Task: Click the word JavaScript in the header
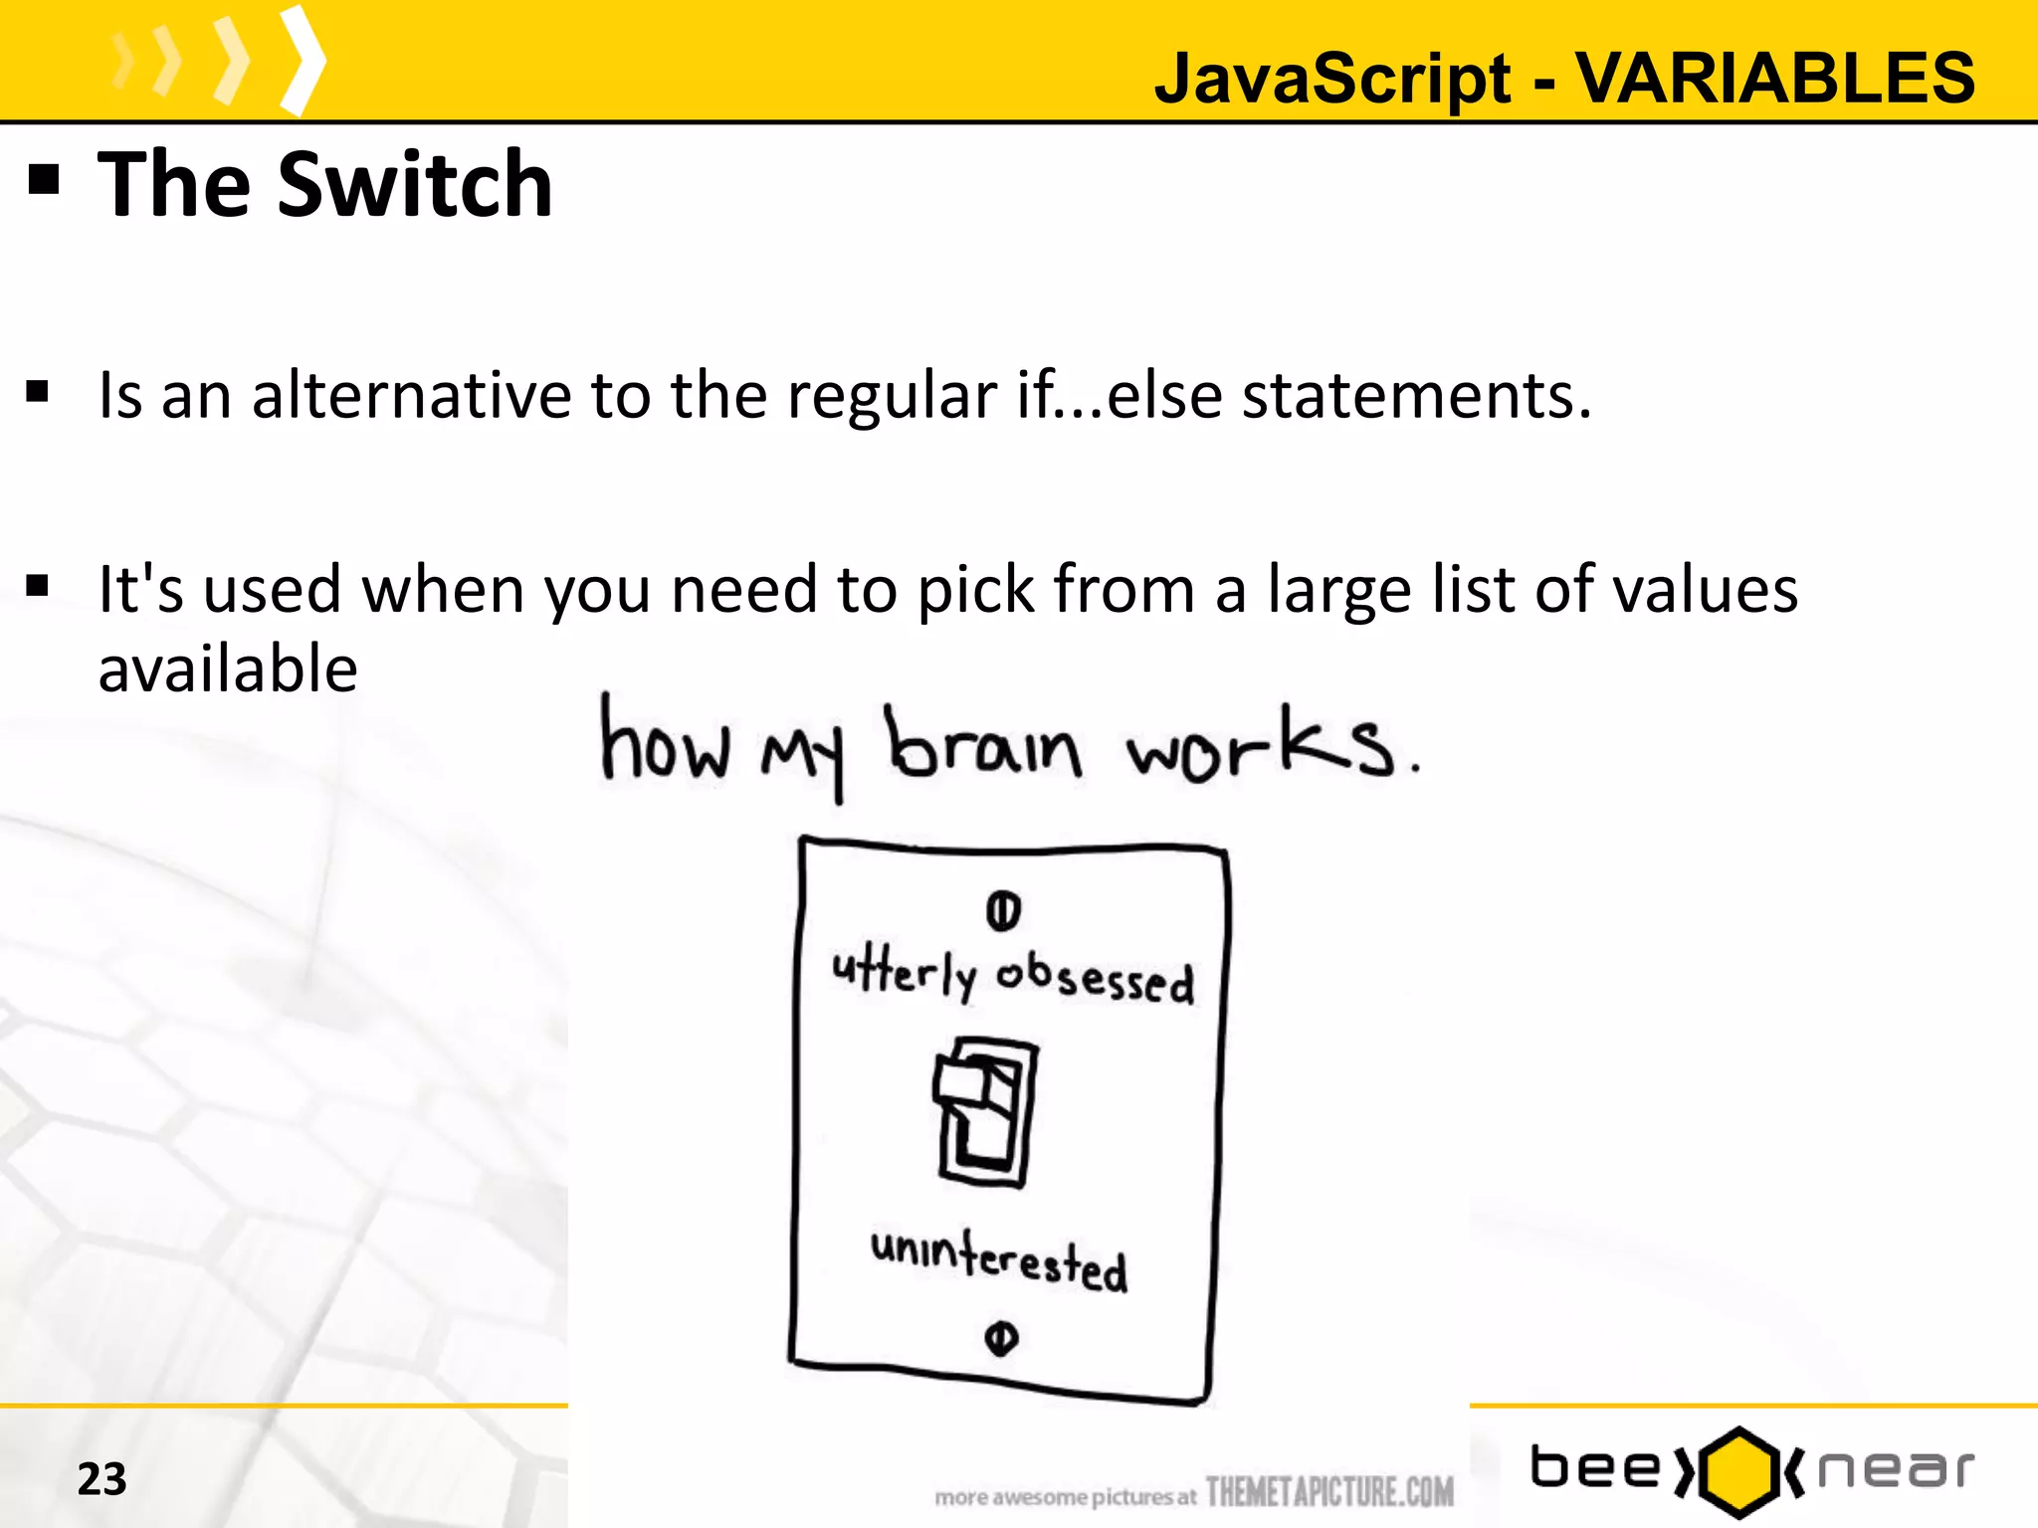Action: coord(1332,80)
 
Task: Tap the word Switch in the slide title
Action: coord(415,185)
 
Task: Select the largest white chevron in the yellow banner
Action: coord(302,62)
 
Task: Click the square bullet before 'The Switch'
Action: coord(44,180)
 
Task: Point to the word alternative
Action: coord(412,395)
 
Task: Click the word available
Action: coord(228,668)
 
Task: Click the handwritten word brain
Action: coord(983,746)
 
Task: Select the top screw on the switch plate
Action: coord(1003,910)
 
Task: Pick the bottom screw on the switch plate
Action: coord(1001,1338)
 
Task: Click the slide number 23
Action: coord(102,1479)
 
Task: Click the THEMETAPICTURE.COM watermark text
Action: coord(1329,1491)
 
